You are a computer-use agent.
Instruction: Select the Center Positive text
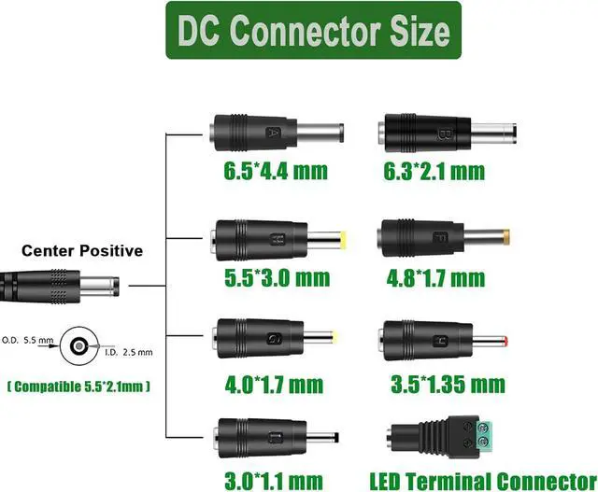click(82, 250)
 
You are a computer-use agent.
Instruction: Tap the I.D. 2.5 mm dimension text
click(130, 351)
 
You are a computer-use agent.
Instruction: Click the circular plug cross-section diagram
click(78, 348)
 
